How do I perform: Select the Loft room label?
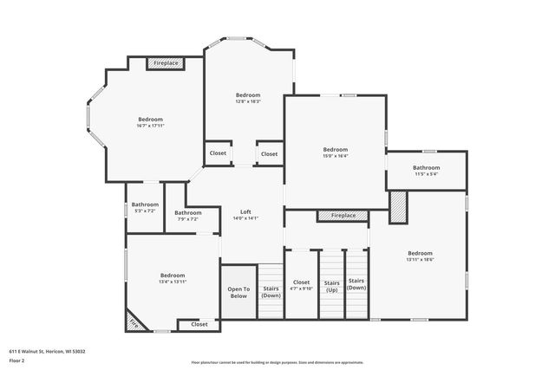coord(245,212)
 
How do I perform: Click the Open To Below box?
coord(238,293)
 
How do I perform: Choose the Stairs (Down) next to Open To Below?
coord(271,292)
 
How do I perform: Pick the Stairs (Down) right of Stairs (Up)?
coord(356,284)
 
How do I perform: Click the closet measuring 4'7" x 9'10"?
coord(301,285)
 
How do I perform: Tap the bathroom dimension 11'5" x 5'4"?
coord(426,174)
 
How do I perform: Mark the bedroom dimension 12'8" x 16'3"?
coord(248,101)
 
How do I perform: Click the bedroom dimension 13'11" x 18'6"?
coord(420,259)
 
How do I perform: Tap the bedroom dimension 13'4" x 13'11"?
coord(172,282)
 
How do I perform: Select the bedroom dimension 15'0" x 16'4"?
coord(336,156)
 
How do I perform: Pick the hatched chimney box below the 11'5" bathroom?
coord(397,208)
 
